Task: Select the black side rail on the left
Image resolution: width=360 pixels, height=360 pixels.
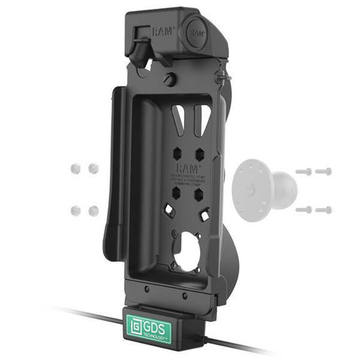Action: [114, 176]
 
